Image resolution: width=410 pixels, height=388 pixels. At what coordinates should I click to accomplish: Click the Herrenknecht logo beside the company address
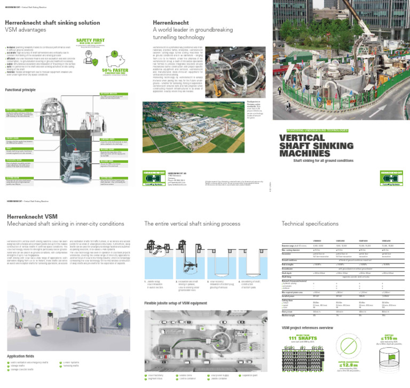154,178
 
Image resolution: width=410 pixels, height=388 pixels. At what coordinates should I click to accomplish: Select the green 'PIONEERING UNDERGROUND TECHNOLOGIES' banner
314,130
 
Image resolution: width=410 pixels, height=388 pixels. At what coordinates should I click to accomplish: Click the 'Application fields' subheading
21,355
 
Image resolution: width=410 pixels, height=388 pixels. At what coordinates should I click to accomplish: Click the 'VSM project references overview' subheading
307,327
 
